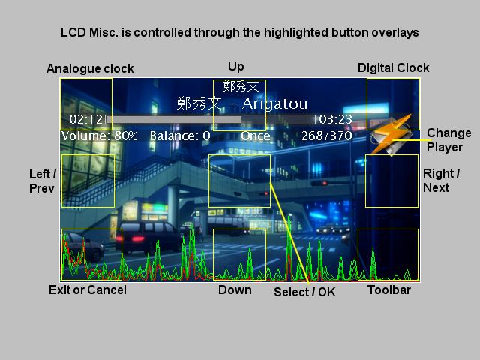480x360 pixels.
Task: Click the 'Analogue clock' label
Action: (x=90, y=68)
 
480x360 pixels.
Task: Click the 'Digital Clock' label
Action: (x=393, y=67)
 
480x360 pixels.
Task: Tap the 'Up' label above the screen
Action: (x=235, y=66)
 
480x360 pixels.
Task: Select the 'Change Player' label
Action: (x=448, y=140)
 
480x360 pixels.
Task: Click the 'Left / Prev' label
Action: (x=41, y=181)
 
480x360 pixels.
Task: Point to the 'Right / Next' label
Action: (x=441, y=181)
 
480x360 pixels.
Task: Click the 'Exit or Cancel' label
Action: (x=87, y=289)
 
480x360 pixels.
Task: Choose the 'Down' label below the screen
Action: (x=235, y=289)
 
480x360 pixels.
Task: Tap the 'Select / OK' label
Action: (x=304, y=292)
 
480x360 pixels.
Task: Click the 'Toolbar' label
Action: (x=388, y=289)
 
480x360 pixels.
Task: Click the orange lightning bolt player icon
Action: (x=392, y=134)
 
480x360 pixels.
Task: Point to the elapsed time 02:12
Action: (x=85, y=119)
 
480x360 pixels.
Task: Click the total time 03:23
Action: (x=335, y=119)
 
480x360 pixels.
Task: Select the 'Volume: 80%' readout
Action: (x=100, y=136)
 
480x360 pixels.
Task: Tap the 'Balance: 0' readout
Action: (x=180, y=136)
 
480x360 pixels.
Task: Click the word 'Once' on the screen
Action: (x=255, y=136)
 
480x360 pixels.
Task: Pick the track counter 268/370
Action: (x=326, y=136)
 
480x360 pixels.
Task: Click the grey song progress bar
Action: (x=210, y=119)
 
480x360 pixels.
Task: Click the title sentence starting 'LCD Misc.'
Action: (x=239, y=33)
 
